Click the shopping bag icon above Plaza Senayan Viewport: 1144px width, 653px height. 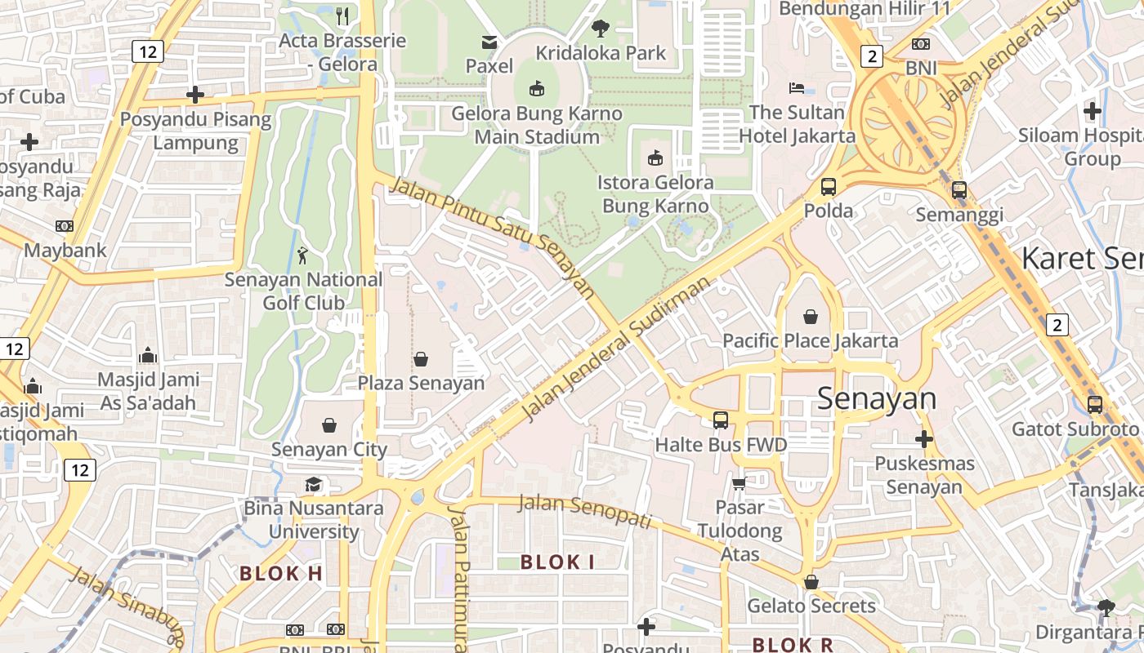(x=421, y=358)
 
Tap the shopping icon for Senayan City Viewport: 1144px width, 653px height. (x=329, y=425)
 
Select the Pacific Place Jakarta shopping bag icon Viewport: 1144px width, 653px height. (x=811, y=316)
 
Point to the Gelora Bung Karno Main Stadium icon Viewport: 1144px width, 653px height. (x=537, y=88)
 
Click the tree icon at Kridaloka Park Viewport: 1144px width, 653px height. (x=601, y=29)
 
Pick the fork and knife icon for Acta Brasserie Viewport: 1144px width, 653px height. (x=343, y=16)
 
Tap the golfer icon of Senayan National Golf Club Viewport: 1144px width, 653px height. (x=303, y=255)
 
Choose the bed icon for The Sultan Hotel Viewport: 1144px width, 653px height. (x=797, y=87)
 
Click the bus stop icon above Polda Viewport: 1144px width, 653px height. (x=829, y=186)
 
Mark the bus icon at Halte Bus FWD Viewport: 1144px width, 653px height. (x=721, y=420)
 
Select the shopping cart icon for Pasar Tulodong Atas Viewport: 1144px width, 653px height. (x=740, y=483)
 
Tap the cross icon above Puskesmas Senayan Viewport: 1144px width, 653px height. (x=924, y=439)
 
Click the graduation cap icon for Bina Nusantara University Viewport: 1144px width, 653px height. (x=313, y=484)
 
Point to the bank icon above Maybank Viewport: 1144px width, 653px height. (x=65, y=225)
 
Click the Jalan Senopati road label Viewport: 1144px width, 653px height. (x=585, y=509)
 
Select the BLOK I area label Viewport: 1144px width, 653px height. (x=557, y=562)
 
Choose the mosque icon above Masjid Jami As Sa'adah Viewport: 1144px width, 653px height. (x=148, y=355)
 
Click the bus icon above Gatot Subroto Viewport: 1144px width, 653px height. (x=1095, y=404)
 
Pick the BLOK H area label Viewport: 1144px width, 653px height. (x=281, y=573)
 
